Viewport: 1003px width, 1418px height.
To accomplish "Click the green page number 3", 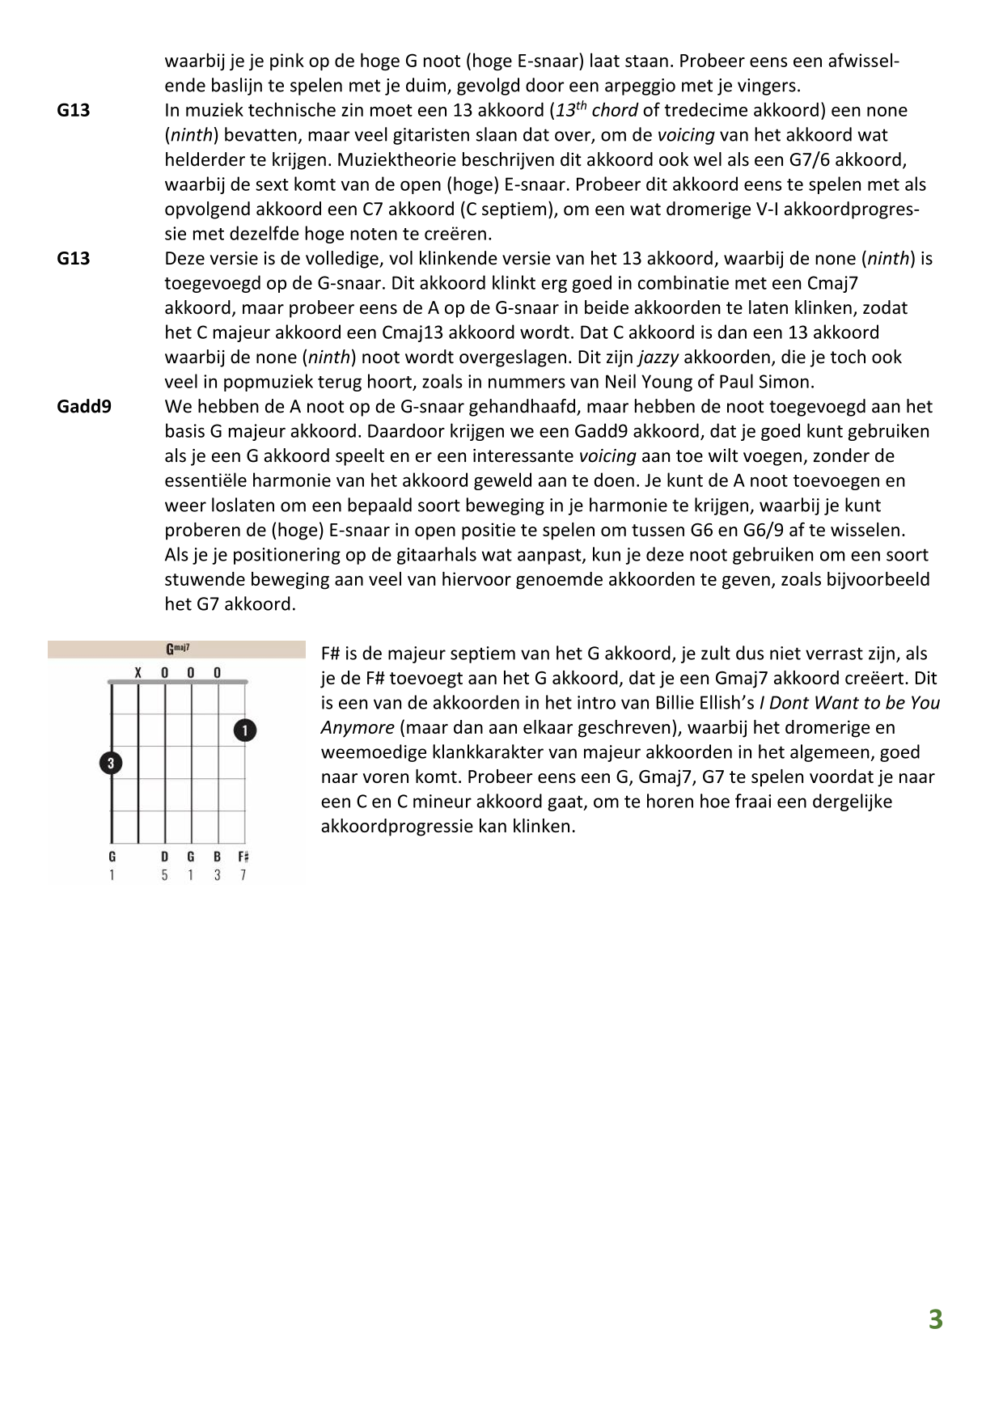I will click(x=935, y=1319).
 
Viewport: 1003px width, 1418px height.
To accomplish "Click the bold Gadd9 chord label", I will click(x=84, y=406).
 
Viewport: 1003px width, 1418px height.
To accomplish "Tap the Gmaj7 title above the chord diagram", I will click(x=178, y=649).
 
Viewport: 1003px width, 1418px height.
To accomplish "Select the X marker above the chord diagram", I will click(x=138, y=672).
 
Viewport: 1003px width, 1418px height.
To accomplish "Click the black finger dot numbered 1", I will click(x=245, y=730).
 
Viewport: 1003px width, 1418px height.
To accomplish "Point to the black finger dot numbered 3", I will click(x=111, y=763).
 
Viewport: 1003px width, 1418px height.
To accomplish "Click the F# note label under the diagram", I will click(x=243, y=857).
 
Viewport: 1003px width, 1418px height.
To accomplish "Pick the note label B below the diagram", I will click(x=217, y=857).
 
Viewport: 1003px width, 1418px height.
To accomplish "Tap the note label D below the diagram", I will click(x=164, y=857).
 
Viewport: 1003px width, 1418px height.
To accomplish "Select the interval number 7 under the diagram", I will click(x=243, y=875).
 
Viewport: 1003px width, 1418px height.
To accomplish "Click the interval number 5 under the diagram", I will click(x=164, y=875).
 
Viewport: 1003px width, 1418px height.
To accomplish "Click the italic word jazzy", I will click(x=658, y=357).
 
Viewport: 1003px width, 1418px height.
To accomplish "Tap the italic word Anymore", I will click(x=358, y=727).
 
